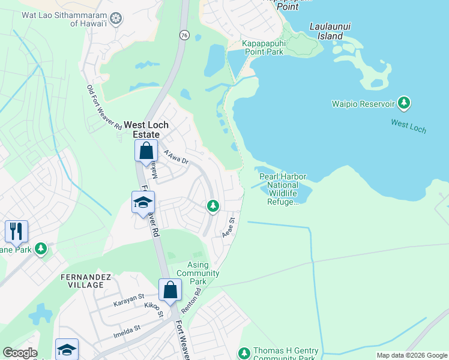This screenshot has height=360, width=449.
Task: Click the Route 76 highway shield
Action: click(183, 35)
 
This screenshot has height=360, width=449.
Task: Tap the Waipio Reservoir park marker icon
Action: click(405, 103)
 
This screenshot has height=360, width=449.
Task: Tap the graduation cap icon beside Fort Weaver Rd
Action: click(143, 203)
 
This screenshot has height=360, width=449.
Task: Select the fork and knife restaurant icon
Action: click(16, 230)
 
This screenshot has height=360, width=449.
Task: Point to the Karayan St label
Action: click(129, 300)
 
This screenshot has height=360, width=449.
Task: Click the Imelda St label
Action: click(125, 329)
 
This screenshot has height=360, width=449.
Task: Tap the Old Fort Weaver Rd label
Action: click(104, 108)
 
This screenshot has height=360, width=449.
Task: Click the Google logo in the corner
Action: click(20, 353)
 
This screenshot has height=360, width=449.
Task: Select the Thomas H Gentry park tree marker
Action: click(244, 353)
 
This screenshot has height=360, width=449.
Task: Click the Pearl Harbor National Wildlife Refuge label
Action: click(283, 189)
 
